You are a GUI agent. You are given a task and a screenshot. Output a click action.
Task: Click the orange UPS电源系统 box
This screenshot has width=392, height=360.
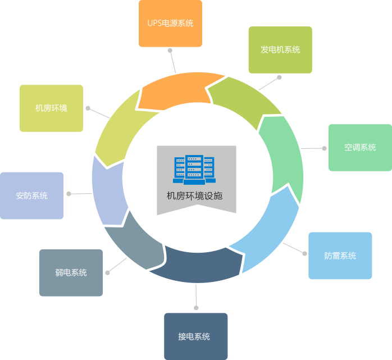point(170,24)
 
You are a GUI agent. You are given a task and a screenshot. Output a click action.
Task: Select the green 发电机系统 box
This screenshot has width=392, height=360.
point(280,50)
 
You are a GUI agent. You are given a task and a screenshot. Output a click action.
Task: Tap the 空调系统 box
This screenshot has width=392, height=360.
point(360,148)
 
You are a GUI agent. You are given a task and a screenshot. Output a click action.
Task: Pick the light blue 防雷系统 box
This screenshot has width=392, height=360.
point(340,256)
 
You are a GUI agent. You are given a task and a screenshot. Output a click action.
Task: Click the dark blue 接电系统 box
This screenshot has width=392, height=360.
point(196,336)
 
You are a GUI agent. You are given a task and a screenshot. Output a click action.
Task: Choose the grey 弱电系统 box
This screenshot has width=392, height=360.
point(71,272)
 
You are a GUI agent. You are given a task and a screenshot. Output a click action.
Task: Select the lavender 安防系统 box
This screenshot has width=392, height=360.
point(31,195)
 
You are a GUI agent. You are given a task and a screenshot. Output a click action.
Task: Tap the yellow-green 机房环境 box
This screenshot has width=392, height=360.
point(51,108)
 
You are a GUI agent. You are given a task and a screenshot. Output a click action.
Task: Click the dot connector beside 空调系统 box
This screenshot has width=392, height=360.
point(324,148)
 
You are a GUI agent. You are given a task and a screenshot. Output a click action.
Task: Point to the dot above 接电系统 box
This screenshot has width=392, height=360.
point(196,307)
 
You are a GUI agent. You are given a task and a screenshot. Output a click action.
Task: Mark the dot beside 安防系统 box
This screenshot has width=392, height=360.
point(69,194)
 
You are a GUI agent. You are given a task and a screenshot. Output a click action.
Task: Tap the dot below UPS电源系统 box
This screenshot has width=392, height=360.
point(169,50)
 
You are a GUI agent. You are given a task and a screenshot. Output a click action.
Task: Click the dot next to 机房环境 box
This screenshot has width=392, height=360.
point(87,107)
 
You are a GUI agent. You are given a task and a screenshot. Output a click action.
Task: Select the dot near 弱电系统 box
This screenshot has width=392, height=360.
point(107,272)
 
